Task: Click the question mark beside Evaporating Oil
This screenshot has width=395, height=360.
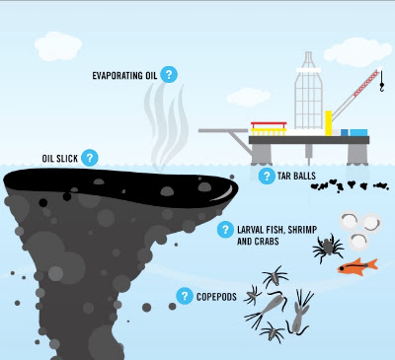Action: click(x=169, y=74)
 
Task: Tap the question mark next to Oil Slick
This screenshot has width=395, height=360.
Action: click(x=90, y=158)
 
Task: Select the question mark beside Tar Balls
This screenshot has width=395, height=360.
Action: click(x=267, y=176)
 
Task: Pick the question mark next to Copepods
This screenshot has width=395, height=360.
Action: click(x=185, y=296)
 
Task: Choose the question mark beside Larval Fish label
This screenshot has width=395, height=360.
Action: click(x=225, y=229)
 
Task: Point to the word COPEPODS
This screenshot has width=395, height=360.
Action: click(x=216, y=297)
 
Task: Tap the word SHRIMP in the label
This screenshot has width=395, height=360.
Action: click(x=302, y=230)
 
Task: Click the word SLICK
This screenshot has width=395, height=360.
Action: click(x=66, y=159)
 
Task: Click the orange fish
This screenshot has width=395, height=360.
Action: click(x=357, y=266)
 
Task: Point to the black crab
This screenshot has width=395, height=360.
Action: click(x=328, y=248)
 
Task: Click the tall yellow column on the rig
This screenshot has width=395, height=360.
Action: click(x=329, y=123)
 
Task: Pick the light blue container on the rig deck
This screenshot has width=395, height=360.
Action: click(x=358, y=132)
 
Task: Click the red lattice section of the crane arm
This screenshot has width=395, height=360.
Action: click(x=365, y=84)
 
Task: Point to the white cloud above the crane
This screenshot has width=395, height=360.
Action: click(x=357, y=52)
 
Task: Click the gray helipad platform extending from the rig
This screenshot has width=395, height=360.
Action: click(x=223, y=130)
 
